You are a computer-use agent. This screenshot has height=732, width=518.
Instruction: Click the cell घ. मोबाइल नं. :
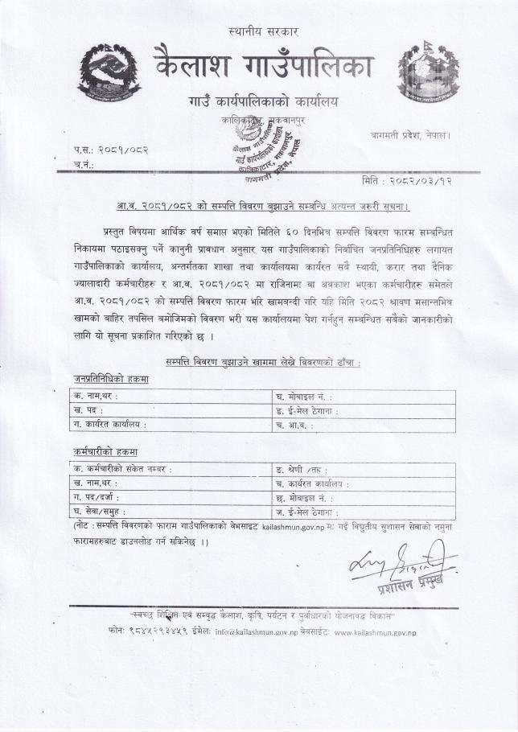pyautogui.click(x=304, y=397)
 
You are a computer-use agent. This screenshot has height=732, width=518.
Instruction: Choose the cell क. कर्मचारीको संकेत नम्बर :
pyautogui.click(x=123, y=469)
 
